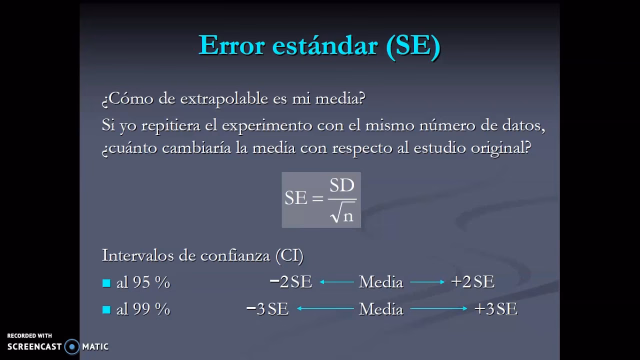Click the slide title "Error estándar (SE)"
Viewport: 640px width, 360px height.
tap(319, 45)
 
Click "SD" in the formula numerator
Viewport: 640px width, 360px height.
tap(342, 185)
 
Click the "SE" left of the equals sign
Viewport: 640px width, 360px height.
tap(296, 198)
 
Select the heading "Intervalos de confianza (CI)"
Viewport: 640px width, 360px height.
tap(202, 255)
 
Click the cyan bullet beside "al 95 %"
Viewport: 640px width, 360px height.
tap(106, 283)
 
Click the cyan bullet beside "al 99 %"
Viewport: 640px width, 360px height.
tap(106, 309)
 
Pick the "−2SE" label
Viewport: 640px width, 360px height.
tap(290, 282)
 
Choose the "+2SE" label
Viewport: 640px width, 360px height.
tap(472, 282)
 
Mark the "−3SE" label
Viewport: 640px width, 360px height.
tap(267, 308)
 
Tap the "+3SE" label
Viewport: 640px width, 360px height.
tap(495, 308)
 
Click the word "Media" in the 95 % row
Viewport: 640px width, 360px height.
tap(381, 282)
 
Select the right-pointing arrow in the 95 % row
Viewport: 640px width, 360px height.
tap(427, 282)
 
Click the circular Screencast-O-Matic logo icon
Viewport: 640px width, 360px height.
tap(72, 346)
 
